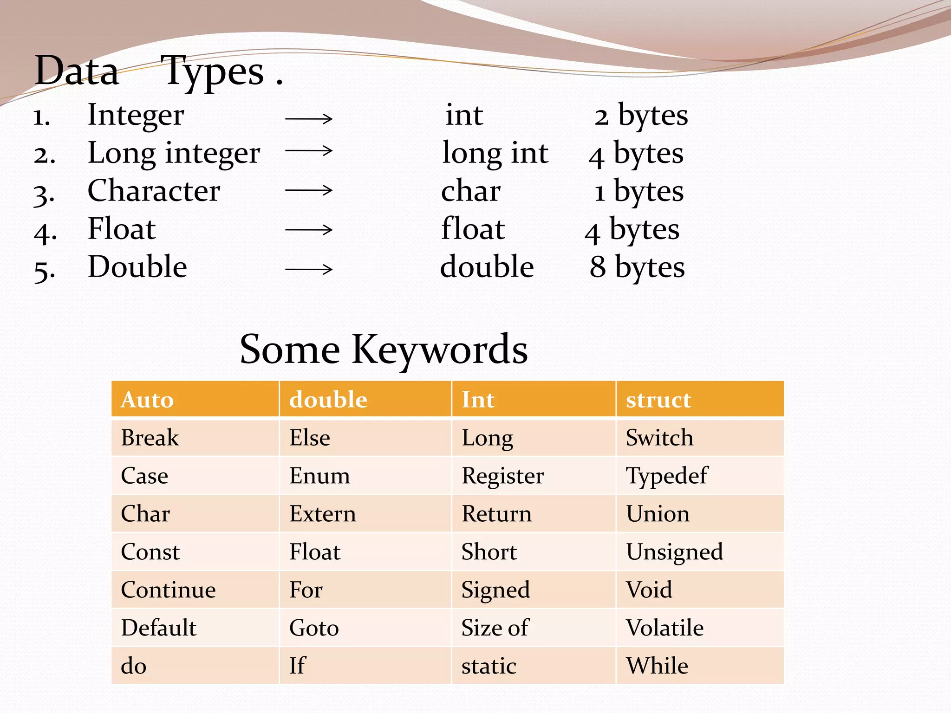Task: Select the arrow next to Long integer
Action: pos(309,150)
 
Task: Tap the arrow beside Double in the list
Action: pos(309,269)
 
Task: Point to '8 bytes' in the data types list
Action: pos(637,267)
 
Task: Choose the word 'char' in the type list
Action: pos(470,191)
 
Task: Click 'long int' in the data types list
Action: pos(495,153)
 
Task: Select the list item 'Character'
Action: pos(154,191)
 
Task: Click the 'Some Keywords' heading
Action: pos(384,349)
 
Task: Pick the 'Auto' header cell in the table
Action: pos(147,400)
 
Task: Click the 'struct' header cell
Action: pos(658,400)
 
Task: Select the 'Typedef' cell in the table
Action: pos(666,476)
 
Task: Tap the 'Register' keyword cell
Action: pos(502,476)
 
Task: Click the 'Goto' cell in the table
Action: pos(314,628)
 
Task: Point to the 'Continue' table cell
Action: pos(168,590)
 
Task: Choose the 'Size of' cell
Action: pos(495,628)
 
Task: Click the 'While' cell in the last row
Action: pos(657,666)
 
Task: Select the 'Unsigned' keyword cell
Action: pos(674,552)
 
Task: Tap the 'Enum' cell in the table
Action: pos(319,476)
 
